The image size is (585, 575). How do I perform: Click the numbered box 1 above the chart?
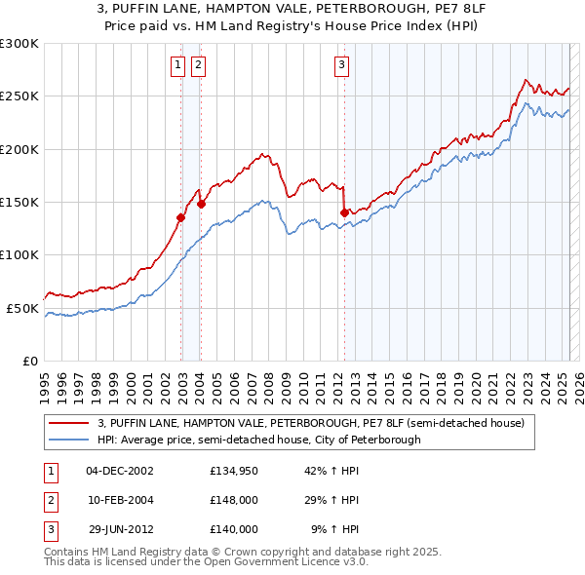tap(178, 65)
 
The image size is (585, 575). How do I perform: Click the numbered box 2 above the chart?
tap(198, 65)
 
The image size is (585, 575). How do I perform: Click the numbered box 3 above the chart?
tap(342, 65)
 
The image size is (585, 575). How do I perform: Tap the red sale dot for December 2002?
tap(181, 218)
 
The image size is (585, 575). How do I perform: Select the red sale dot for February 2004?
tap(201, 205)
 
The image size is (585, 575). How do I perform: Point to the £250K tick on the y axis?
tap(19, 96)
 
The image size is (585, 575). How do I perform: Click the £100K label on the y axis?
tap(19, 254)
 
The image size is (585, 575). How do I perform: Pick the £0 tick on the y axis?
tap(29, 361)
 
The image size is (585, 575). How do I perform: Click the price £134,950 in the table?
tap(234, 472)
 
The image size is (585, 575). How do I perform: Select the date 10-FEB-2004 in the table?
tap(121, 500)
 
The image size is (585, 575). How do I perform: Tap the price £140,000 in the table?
tap(234, 529)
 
